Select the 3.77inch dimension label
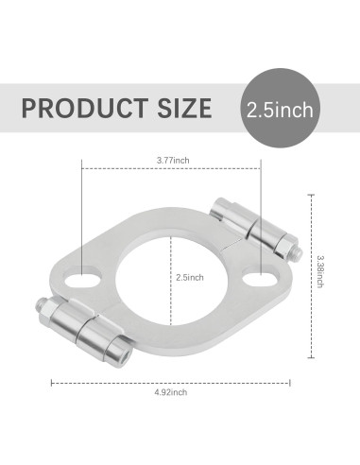173,161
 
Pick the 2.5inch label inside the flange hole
190,278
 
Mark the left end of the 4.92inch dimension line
50,382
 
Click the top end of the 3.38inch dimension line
311,195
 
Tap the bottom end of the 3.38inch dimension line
311,358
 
